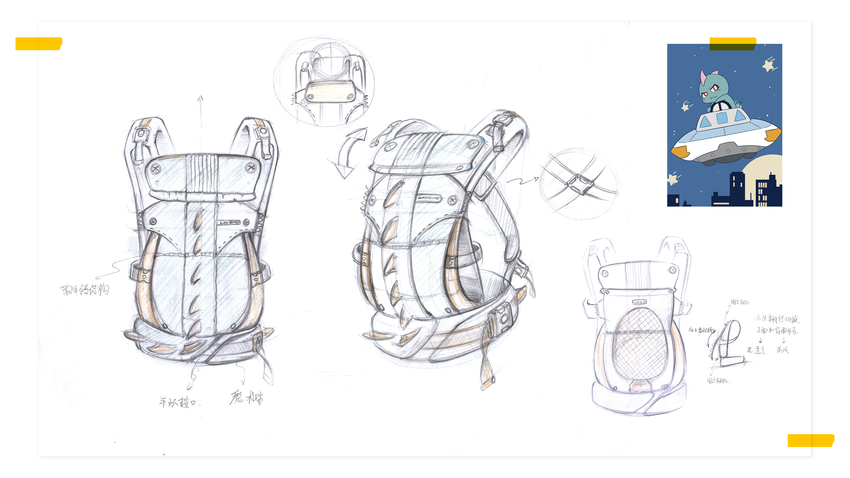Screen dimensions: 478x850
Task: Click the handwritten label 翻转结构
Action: [85, 290]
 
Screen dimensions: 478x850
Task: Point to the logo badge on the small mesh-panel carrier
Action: [640, 302]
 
